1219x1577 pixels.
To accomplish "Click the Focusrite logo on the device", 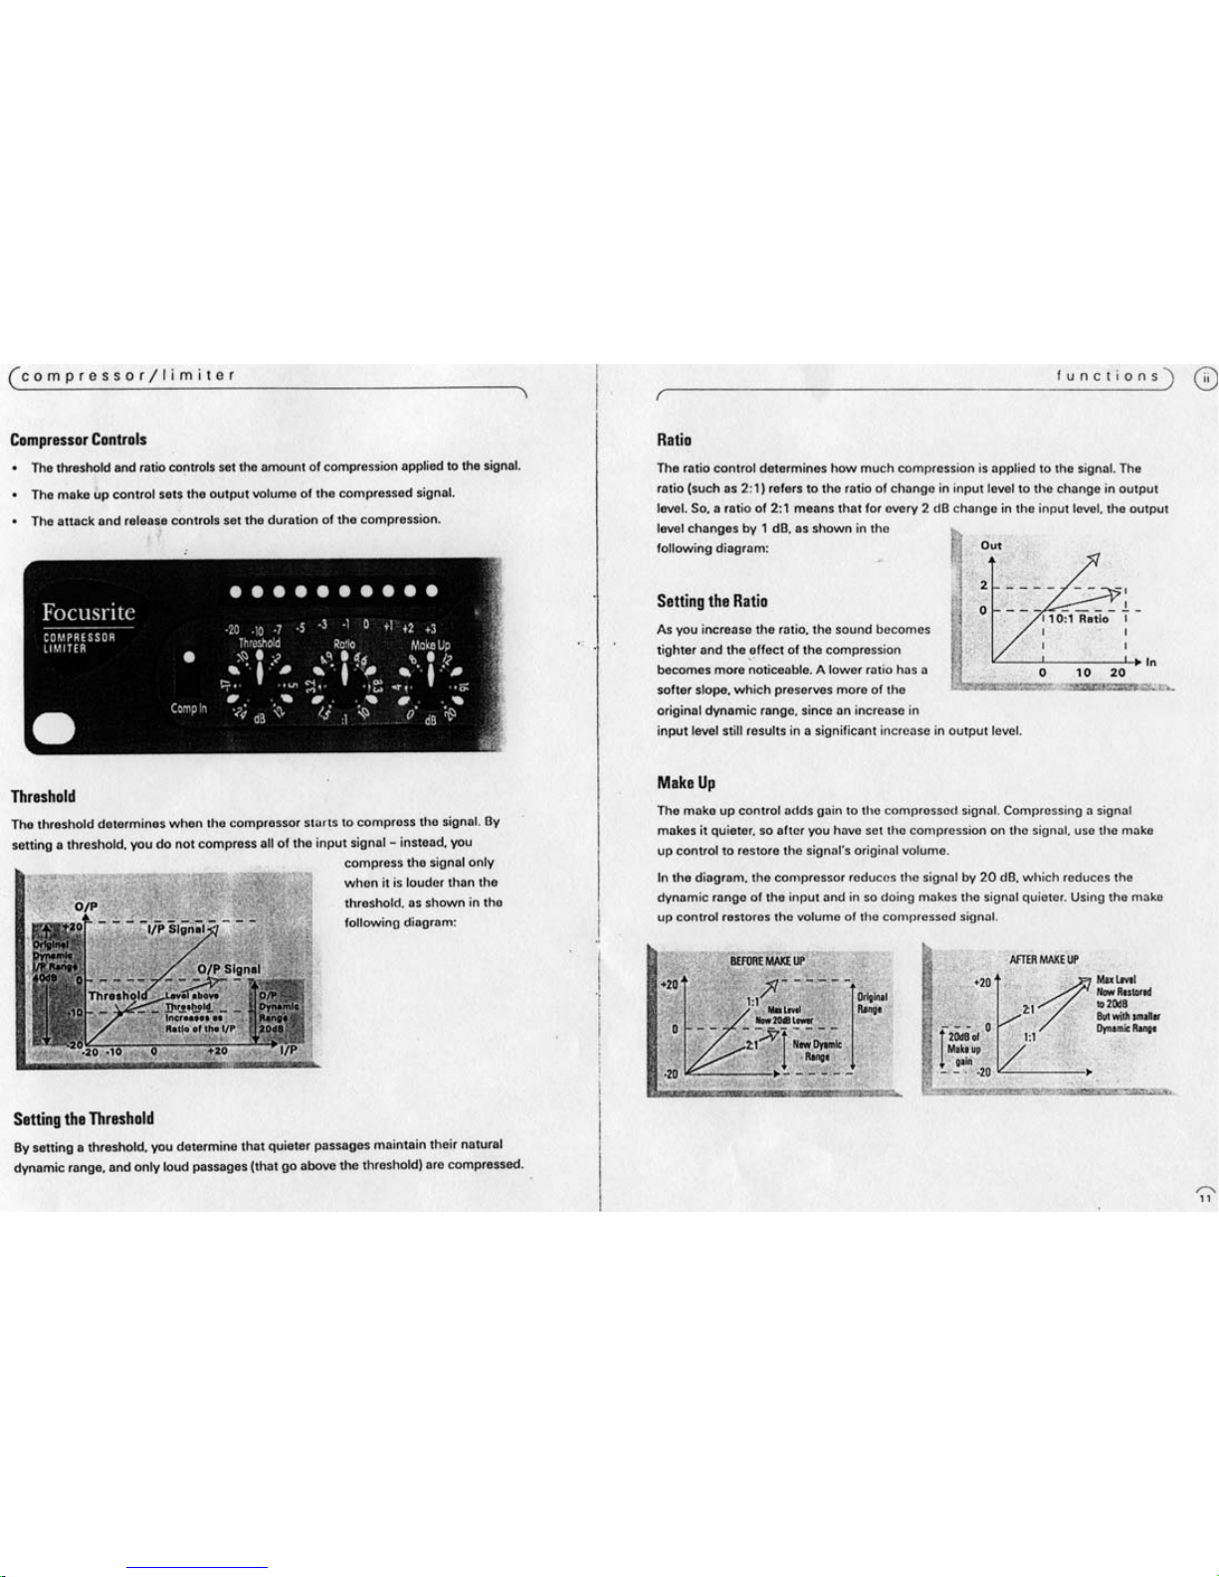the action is click(x=88, y=612).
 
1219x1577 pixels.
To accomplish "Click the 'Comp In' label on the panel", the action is click(x=189, y=708).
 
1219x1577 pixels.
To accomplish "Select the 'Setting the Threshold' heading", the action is click(x=84, y=1118).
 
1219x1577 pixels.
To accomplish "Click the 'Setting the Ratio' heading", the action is click(x=711, y=600).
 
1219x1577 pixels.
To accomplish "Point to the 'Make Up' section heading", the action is click(x=686, y=782).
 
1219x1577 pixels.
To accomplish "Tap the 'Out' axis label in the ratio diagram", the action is click(x=991, y=545).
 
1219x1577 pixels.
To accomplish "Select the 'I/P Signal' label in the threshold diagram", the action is click(x=176, y=928).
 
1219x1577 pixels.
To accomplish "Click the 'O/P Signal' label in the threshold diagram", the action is click(x=229, y=968).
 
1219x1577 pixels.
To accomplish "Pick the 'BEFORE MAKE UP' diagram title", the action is click(x=767, y=961).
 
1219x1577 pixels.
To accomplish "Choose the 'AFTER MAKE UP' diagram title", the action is click(x=1043, y=959).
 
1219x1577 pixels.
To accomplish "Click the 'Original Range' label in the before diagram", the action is click(x=872, y=1002).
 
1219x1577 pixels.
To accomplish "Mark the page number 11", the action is click(x=1204, y=1199).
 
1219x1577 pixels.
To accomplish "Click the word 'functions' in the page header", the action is click(x=1108, y=376).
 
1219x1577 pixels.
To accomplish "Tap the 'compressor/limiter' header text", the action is click(x=128, y=375).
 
